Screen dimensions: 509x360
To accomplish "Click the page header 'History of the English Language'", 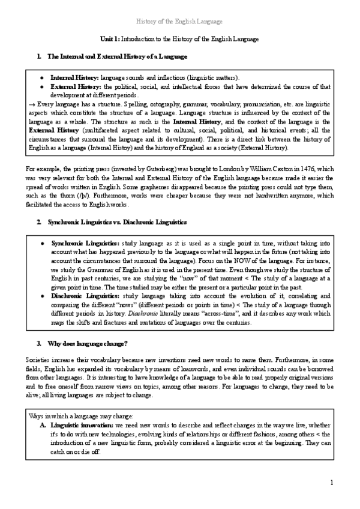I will (x=180, y=22).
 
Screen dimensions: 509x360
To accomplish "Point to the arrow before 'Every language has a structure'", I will (x=32, y=104).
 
